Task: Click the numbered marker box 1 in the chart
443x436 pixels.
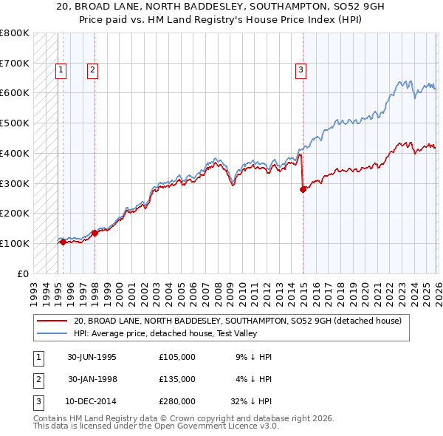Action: click(x=60, y=70)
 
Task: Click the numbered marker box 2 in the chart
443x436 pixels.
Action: click(x=92, y=70)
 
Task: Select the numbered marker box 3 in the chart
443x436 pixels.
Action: click(x=301, y=70)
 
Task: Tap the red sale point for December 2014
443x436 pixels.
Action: click(x=303, y=189)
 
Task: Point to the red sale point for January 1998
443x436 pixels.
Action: click(x=95, y=233)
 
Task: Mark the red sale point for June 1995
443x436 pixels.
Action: click(x=63, y=242)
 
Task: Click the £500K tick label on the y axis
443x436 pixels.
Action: click(x=15, y=123)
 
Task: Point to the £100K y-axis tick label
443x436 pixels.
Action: click(x=15, y=243)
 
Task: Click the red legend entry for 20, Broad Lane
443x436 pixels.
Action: click(x=237, y=321)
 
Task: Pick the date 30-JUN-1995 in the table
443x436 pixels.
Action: click(x=92, y=357)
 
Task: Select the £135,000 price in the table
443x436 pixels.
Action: click(x=177, y=379)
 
